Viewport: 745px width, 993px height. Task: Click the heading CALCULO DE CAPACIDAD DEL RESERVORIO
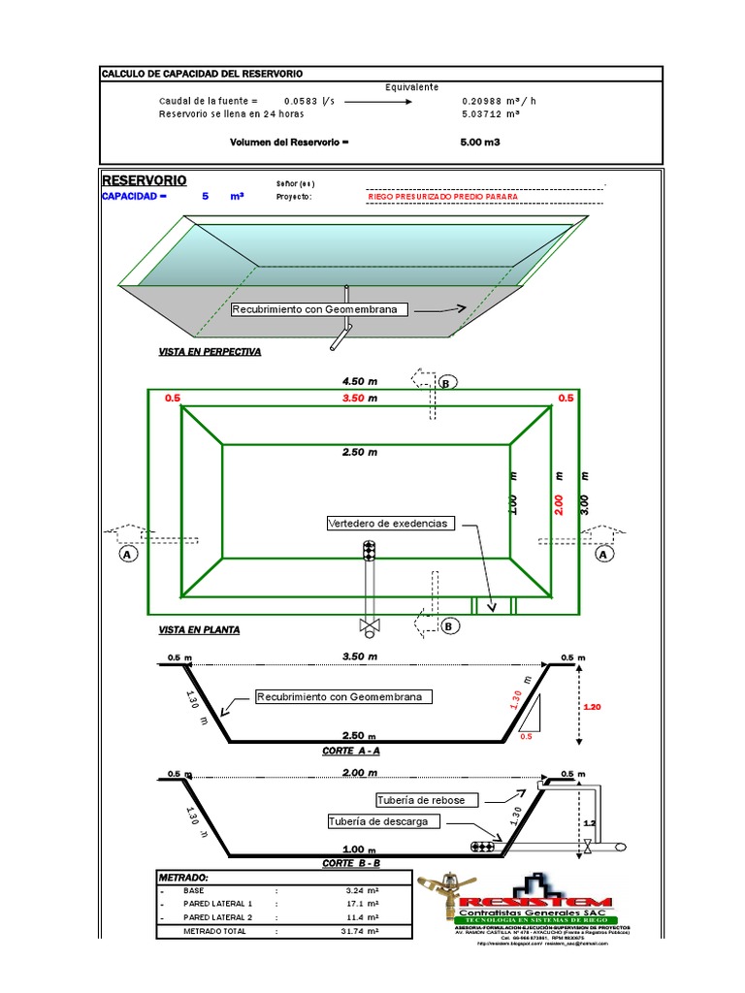(x=203, y=74)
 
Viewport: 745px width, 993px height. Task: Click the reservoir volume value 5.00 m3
(x=480, y=142)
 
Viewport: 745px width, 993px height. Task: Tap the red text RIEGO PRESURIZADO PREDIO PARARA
(x=442, y=196)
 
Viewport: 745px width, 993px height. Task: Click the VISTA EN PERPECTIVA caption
(x=210, y=352)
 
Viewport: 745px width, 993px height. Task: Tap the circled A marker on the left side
(x=124, y=555)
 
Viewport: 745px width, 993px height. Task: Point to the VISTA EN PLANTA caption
(x=199, y=629)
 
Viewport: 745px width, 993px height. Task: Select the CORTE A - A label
(x=351, y=752)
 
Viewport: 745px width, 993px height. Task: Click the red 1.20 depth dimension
(x=594, y=708)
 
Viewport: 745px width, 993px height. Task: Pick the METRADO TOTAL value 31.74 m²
(x=360, y=931)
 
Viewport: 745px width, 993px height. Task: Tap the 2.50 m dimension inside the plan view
(x=359, y=452)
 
